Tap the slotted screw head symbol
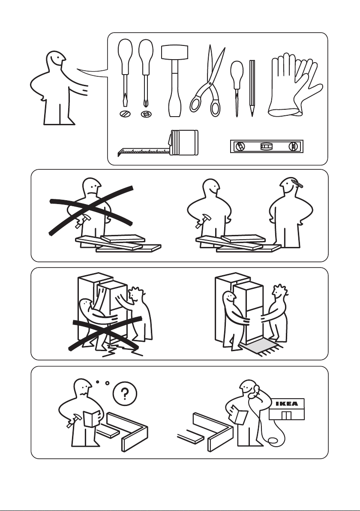click(125, 114)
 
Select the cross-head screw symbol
click(146, 114)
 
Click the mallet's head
click(175, 52)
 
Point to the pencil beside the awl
click(252, 88)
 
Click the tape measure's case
click(184, 142)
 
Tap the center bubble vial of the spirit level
click(266, 146)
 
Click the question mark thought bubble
click(125, 394)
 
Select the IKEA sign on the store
click(287, 403)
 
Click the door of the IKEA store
click(287, 415)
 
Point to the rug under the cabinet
click(261, 348)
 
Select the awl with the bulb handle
click(237, 88)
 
